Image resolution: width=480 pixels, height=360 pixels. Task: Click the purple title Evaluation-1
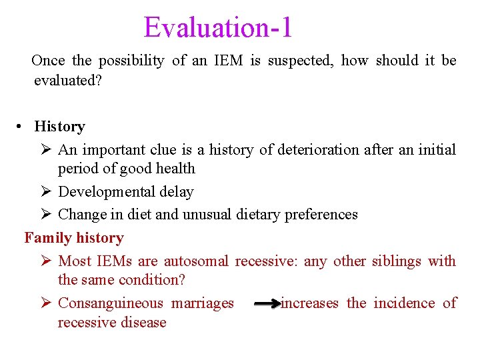tap(218, 28)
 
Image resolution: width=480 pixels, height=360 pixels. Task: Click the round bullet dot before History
tap(22, 127)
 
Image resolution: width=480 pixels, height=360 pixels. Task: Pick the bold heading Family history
tap(74, 238)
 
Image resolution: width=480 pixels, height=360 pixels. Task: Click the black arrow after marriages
tap(267, 304)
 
